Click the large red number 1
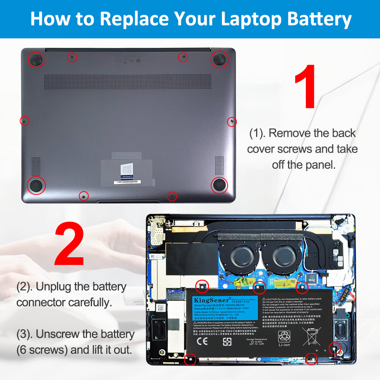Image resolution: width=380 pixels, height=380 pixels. coord(306,87)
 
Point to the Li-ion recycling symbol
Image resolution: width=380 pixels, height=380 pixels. coord(284,337)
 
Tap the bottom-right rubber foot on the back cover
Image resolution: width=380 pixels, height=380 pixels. coord(219,185)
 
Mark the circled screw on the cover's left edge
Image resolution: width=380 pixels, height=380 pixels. coord(24,121)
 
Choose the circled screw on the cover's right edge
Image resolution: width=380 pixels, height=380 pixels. coord(231,122)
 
